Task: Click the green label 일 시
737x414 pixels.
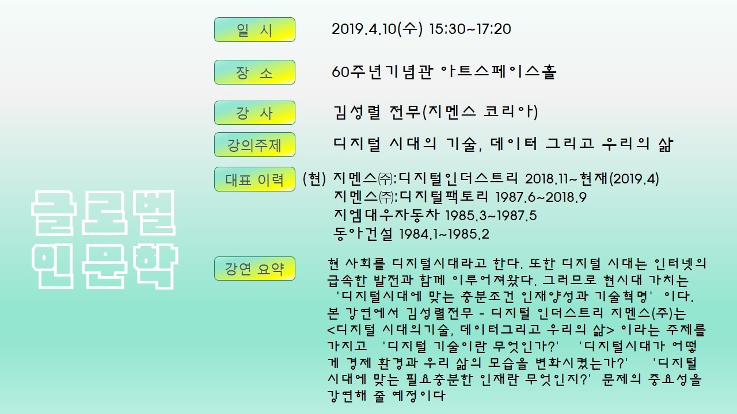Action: point(254,29)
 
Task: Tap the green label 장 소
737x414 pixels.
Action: point(254,72)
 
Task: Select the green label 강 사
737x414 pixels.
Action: point(254,113)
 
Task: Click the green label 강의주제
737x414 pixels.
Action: point(254,144)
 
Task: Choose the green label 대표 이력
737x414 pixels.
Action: point(254,179)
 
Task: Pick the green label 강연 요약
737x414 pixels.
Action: point(254,269)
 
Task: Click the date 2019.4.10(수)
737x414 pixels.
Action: point(377,29)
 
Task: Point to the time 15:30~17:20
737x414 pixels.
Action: point(470,29)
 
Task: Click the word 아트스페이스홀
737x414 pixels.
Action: point(498,72)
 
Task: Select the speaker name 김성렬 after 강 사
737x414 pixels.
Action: point(357,112)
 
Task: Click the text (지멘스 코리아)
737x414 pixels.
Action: point(480,112)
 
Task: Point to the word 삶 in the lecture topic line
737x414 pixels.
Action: point(666,144)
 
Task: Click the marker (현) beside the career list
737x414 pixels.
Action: point(314,179)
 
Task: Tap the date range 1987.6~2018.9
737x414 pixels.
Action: point(541,197)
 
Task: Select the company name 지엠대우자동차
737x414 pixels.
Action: point(386,215)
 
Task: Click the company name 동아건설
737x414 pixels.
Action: point(363,233)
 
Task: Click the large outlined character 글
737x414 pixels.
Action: point(54,213)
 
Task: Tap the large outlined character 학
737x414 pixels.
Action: point(156,266)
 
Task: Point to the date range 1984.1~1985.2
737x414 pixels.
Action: point(444,234)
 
